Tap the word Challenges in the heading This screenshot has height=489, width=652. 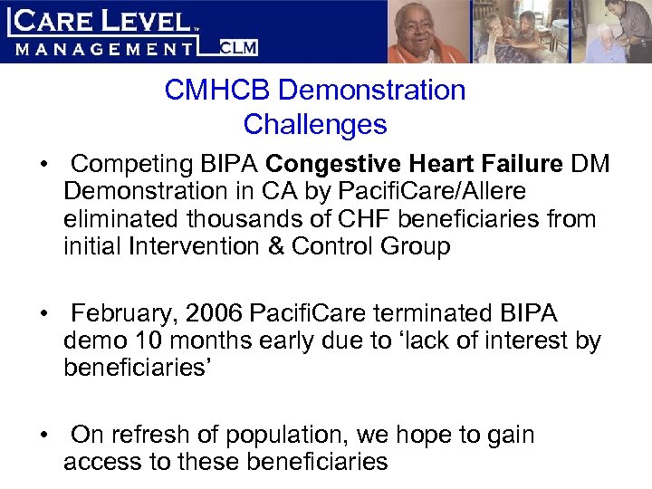point(315,124)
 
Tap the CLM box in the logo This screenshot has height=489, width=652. point(237,47)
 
